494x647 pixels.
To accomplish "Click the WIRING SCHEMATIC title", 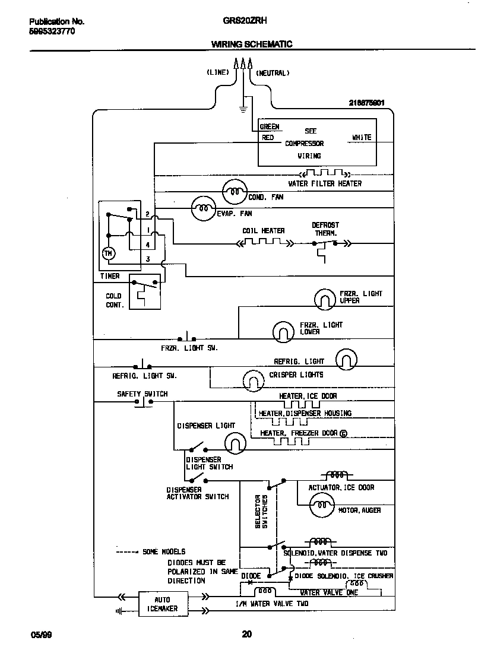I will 252,44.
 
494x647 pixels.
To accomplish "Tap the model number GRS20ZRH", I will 245,21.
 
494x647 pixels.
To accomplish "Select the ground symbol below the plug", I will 242,109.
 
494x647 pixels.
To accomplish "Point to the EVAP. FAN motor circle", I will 203,208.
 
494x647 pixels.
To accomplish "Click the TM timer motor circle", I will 108,253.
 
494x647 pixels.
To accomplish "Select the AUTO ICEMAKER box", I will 162,604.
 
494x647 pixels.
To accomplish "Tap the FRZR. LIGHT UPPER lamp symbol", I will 325,299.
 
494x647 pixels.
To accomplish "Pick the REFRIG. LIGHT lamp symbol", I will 347,359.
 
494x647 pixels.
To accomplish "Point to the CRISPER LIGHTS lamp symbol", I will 253,378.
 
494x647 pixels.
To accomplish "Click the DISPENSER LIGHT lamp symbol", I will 235,442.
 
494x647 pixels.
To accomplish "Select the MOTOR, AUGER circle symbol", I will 322,506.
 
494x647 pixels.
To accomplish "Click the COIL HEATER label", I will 263,231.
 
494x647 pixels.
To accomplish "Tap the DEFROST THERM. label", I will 325,229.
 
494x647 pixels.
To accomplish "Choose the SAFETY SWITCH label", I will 142,394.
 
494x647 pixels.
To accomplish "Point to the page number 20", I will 247,635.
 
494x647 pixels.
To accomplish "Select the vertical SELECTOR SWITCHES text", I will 261,511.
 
